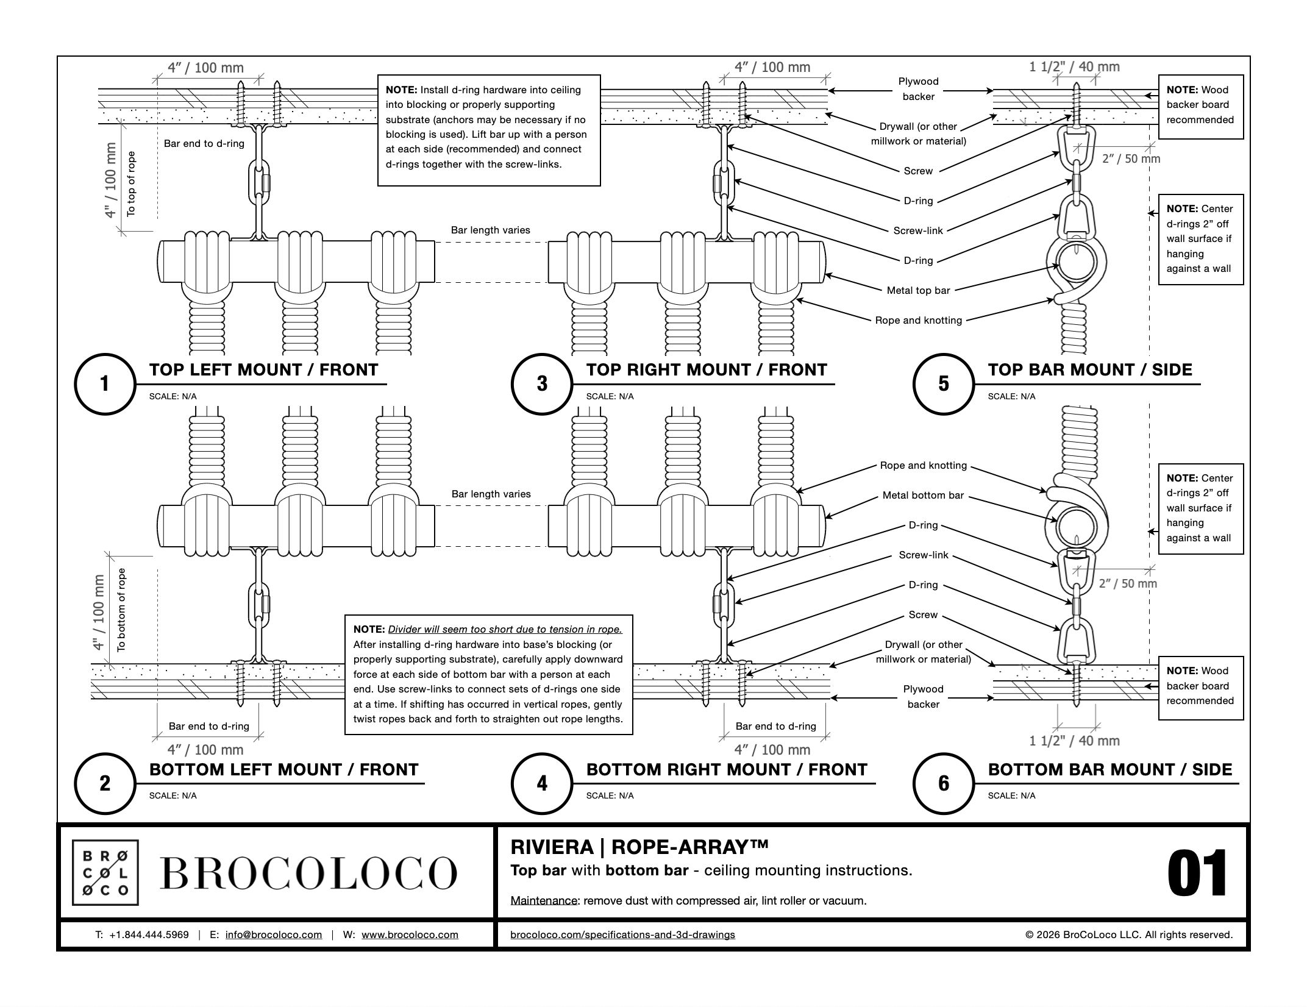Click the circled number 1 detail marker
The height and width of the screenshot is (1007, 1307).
105,384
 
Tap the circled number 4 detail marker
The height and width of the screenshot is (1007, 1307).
542,783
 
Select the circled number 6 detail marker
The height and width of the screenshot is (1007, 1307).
943,783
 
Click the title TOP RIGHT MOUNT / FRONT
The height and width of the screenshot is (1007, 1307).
707,370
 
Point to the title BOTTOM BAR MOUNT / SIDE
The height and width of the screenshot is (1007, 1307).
1109,769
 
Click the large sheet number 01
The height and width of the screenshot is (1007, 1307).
1197,874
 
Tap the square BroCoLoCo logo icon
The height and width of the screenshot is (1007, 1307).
105,872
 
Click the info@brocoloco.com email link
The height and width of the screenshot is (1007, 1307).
273,934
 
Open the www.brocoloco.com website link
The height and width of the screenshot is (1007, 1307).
410,934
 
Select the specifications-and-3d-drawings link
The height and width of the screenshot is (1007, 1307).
622,934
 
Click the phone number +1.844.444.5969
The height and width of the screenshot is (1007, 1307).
149,934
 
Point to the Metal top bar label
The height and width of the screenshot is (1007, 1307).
918,290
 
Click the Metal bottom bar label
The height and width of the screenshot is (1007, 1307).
923,496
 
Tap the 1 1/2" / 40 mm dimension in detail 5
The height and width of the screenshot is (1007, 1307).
1074,66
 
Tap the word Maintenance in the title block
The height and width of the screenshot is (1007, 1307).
544,900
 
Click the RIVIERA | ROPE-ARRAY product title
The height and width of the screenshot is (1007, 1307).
639,847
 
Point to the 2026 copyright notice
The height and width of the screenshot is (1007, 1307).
1129,934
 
